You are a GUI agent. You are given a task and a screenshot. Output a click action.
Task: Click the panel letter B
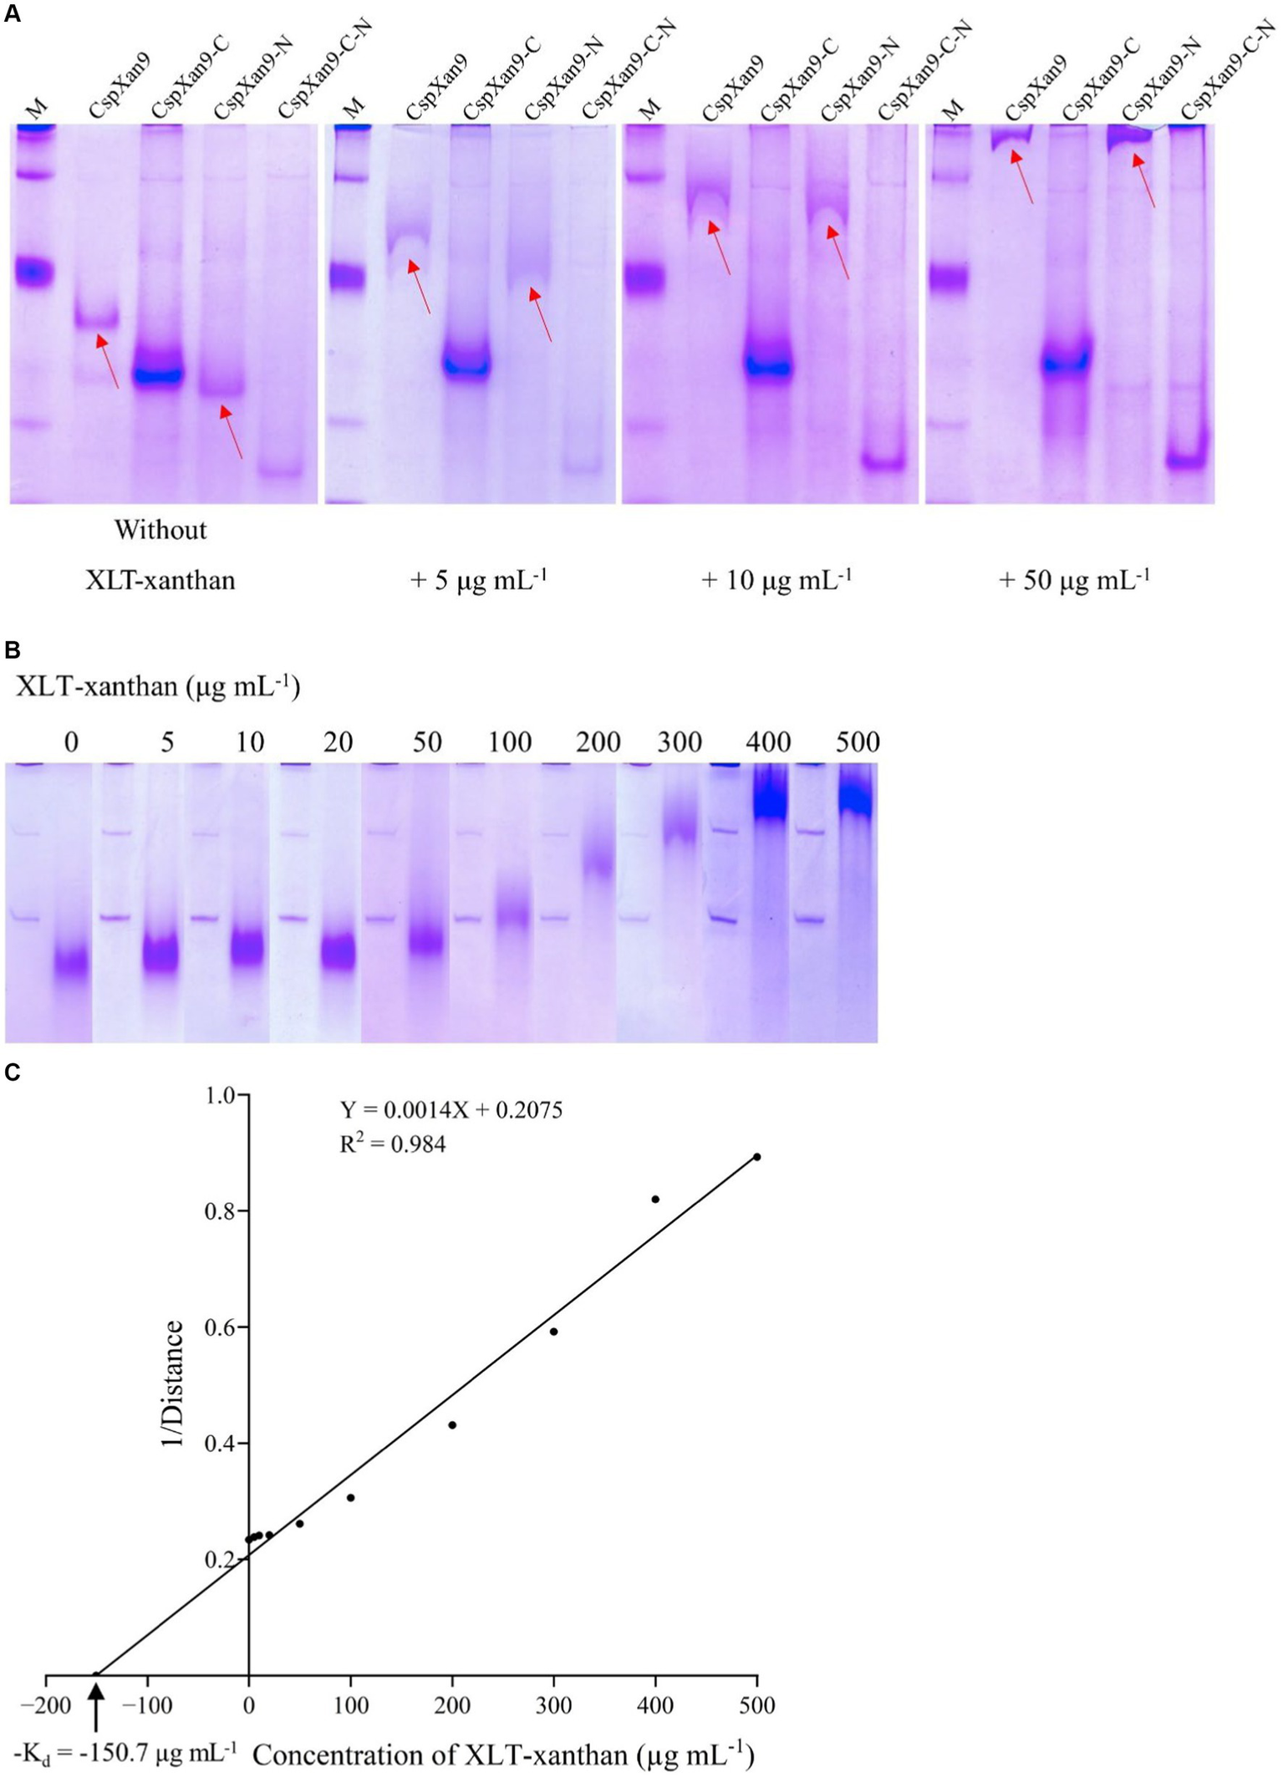12,650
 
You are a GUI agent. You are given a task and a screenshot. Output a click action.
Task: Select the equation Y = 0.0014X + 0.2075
451,1110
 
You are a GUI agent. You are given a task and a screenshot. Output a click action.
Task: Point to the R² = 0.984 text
392,1144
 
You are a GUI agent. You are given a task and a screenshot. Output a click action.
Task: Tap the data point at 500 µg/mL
757,1157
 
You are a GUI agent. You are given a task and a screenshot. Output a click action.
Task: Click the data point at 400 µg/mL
655,1200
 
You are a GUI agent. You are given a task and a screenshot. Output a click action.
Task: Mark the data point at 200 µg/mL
452,1425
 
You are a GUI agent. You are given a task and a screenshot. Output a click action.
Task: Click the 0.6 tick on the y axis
219,1327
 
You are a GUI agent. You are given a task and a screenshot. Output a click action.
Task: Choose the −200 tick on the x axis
45,1704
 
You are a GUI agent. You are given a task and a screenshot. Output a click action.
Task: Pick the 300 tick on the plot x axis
553,1704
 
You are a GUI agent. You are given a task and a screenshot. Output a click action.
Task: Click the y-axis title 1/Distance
173,1384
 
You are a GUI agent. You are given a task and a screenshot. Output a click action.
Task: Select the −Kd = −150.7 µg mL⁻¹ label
125,1750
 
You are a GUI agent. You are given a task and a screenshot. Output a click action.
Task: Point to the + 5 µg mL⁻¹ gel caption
478,578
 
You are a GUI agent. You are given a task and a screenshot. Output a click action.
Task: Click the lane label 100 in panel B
510,741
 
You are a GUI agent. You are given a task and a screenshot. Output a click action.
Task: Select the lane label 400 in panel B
768,741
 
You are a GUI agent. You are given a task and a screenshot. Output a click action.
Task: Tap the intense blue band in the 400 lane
770,798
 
